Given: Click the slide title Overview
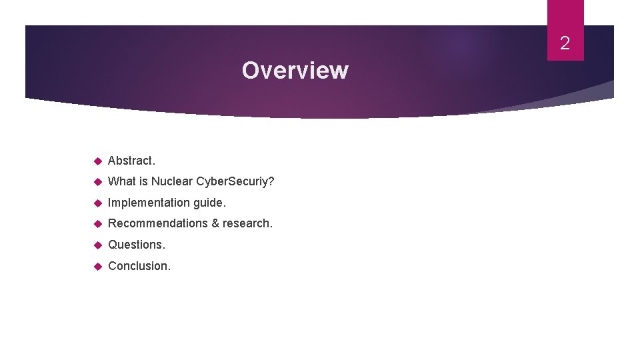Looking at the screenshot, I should [x=295, y=70].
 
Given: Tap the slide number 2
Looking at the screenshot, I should [x=565, y=44].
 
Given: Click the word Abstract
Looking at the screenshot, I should [x=131, y=161].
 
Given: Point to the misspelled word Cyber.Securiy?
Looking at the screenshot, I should [x=235, y=181].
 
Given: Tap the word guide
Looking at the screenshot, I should [x=209, y=202].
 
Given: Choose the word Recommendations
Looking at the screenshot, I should [x=157, y=223].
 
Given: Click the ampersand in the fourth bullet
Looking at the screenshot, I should [x=215, y=223].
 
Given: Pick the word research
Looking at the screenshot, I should [x=247, y=223].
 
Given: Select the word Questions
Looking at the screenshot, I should [x=137, y=245].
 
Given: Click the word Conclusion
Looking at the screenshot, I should [x=139, y=266].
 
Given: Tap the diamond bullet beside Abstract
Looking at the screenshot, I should [x=97, y=161].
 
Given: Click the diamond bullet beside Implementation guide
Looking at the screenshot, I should [x=97, y=202].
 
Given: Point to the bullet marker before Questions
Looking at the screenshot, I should [x=97, y=245].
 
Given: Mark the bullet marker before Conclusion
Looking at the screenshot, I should [x=97, y=266].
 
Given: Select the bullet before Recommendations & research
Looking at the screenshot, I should [x=97, y=223].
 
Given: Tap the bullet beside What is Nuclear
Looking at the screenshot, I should [x=97, y=181].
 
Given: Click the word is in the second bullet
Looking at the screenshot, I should [x=143, y=181].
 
